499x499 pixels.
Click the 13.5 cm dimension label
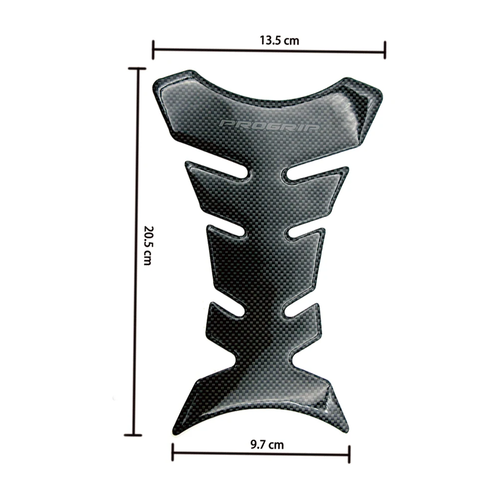pos(279,41)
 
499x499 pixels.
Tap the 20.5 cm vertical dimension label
pos(148,246)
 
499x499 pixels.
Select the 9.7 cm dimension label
pos(267,445)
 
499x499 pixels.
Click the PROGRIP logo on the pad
pos(269,125)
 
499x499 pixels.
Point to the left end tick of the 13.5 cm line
pos(153,50)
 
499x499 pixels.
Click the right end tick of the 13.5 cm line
pos(385,50)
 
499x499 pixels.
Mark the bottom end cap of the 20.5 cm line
pos(133,435)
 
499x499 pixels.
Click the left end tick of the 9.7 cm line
pos(173,452)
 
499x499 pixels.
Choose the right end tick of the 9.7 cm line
pos(349,454)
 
